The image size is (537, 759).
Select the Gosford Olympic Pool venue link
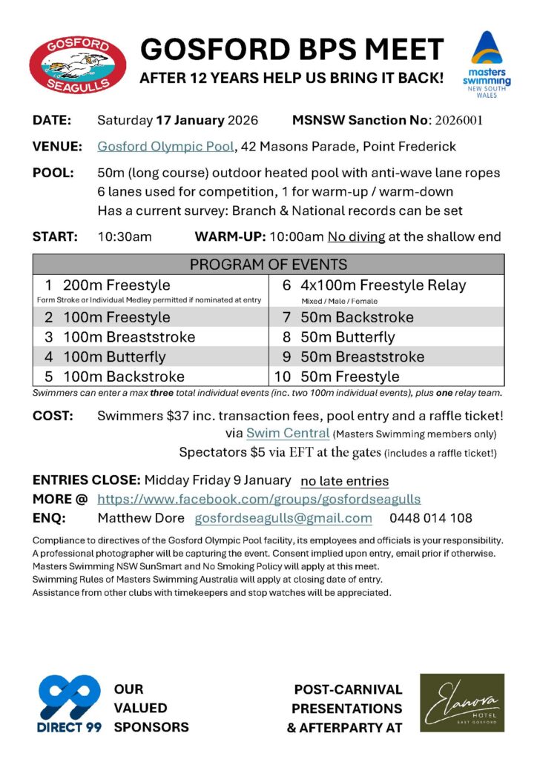165,146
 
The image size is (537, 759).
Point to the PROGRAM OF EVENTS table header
268,265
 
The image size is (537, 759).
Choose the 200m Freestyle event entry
116,285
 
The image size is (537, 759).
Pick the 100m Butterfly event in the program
114,357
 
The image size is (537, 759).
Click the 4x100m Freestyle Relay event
383,285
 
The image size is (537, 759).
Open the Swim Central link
288,433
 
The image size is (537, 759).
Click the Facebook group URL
260,499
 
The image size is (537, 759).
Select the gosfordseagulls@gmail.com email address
283,518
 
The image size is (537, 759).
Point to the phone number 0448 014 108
430,518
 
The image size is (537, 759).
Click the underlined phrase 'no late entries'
344,481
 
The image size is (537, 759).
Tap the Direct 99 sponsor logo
70,703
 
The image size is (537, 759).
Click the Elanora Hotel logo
462,703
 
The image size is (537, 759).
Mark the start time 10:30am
125,237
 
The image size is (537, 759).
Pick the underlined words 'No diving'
359,237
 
